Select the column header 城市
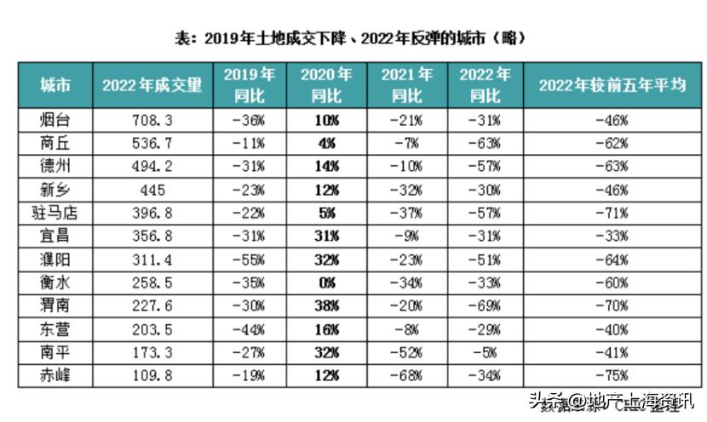coord(55,84)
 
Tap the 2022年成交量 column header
coord(152,84)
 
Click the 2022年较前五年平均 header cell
coord(612,84)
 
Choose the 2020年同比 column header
coord(326,84)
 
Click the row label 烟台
coord(55,120)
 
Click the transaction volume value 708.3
coord(152,120)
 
